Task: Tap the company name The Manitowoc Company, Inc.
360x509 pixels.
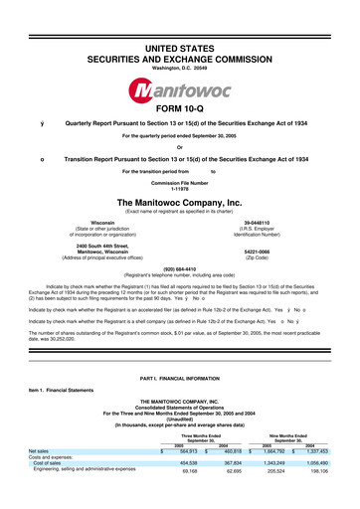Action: click(x=179, y=201)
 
